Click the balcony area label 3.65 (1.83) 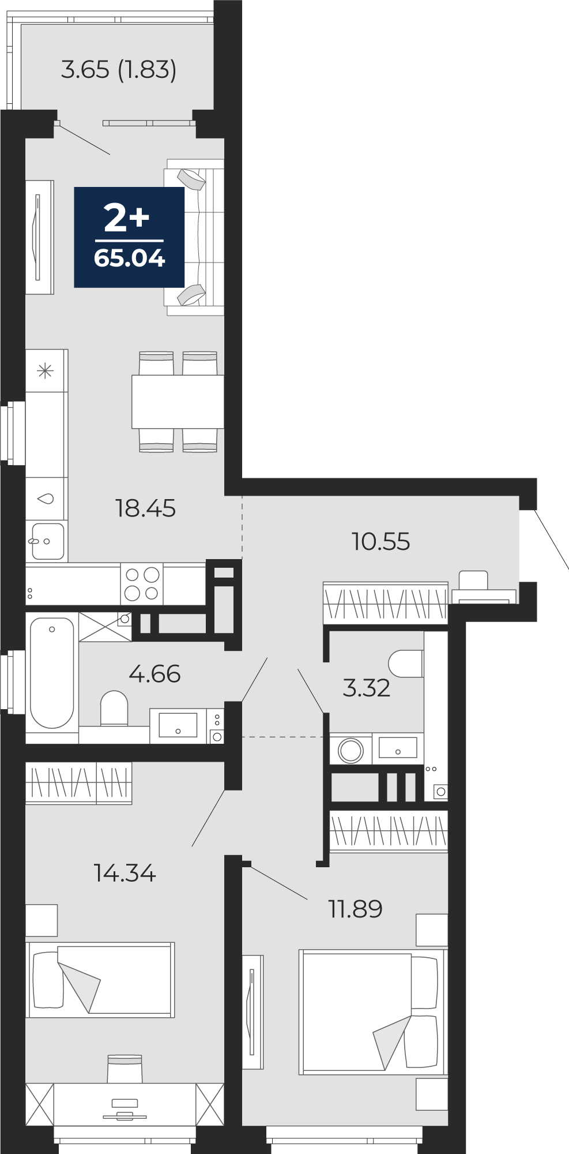(119, 69)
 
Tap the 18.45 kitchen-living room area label (145, 508)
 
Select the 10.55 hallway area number (380, 541)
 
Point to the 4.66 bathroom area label (155, 673)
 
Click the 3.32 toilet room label (366, 688)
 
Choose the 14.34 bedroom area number (125, 873)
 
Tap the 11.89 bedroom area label (355, 909)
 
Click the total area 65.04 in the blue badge (130, 258)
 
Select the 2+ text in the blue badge (127, 218)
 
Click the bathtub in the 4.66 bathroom (52, 673)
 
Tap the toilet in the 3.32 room (406, 664)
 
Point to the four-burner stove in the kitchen (142, 584)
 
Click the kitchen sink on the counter (47, 541)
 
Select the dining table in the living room (178, 402)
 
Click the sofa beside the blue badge (194, 237)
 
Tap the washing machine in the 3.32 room (351, 750)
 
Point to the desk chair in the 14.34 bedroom (125, 1069)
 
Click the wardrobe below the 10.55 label (385, 602)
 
